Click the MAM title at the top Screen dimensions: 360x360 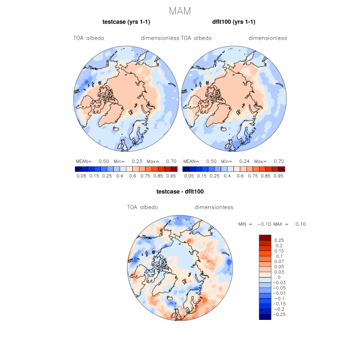coord(180,11)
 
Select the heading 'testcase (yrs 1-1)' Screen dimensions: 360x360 coord(127,22)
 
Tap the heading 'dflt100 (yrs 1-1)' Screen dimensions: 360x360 coord(234,22)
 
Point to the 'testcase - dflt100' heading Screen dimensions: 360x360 coord(180,192)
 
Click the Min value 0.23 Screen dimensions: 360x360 coord(137,161)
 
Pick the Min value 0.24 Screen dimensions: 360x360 coord(244,161)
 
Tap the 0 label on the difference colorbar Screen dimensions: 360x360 coord(278,277)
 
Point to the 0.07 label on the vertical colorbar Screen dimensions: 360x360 coord(279,261)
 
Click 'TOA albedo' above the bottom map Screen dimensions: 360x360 coord(142,207)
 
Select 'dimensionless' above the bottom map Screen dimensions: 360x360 coord(214,207)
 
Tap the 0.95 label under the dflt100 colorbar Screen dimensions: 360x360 coord(278,176)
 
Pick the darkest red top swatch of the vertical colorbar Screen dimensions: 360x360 coord(265,237)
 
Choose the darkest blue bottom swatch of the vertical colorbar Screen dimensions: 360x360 coord(265,317)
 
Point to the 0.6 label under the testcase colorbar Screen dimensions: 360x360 coord(132,176)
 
